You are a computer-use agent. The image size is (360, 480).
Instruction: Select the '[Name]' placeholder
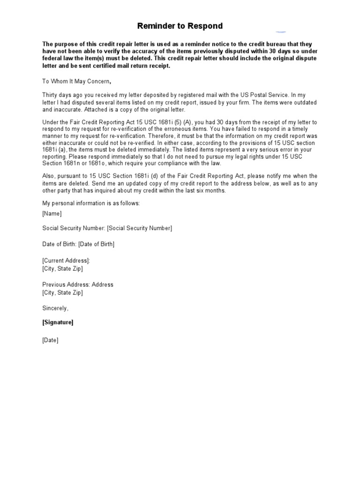[x=52, y=213]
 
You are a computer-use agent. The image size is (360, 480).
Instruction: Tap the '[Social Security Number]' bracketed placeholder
[x=139, y=228]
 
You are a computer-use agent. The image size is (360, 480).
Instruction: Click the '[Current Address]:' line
[x=66, y=261]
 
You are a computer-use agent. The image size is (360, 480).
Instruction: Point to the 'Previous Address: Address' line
[x=78, y=285]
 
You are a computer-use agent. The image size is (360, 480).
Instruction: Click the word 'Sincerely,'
[x=55, y=308]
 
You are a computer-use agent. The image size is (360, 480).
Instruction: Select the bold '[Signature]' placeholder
[x=58, y=322]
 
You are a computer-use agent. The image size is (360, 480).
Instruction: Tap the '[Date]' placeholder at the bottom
[x=51, y=340]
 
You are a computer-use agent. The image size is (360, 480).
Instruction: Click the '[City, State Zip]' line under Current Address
[x=62, y=269]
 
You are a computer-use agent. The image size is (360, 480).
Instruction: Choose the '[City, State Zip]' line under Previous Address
[x=62, y=292]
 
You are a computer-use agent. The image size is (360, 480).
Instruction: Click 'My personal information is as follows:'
[x=91, y=203]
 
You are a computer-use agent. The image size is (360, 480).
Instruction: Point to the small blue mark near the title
[x=281, y=32]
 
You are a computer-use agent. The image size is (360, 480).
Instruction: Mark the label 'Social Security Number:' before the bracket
[x=74, y=228]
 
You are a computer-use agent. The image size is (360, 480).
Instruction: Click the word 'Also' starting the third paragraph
[x=49, y=175]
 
